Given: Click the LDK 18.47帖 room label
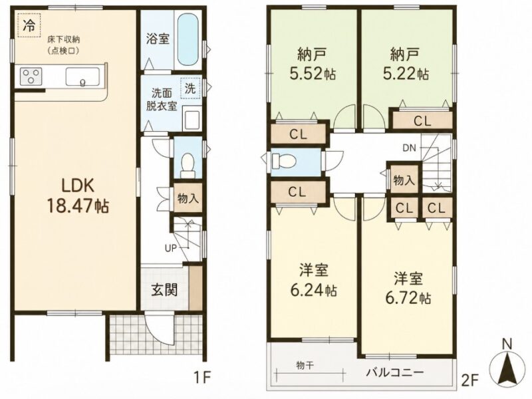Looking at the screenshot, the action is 78,196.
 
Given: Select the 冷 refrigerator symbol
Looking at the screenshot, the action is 29,25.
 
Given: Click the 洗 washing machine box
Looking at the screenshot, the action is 190,88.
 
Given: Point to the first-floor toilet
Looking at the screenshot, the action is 188,165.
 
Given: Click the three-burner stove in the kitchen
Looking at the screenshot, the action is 31,76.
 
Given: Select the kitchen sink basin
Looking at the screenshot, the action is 82,76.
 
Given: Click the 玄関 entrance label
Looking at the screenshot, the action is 164,290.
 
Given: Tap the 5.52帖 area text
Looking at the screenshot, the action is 313,73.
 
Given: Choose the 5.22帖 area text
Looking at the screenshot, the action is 406,73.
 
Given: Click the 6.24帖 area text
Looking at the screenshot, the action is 313,291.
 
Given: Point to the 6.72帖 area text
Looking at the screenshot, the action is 408,298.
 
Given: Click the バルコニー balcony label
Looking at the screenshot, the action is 395,372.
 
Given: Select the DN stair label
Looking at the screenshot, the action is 409,148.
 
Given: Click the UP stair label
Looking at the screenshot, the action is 171,248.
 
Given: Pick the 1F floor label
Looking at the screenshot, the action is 202,376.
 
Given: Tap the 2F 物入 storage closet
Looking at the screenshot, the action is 404,179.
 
